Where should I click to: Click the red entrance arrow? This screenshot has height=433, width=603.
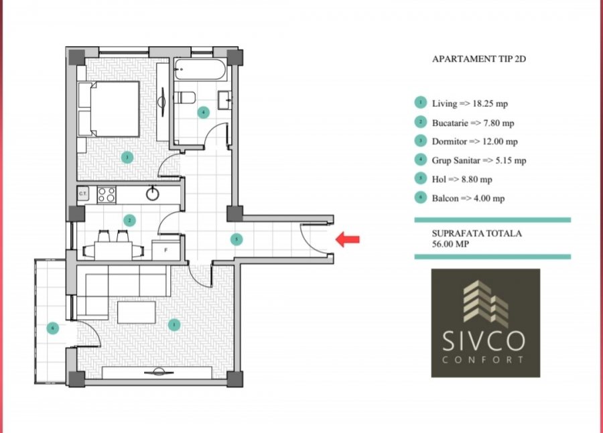coord(348,239)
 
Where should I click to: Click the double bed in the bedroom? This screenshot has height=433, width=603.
coord(109,109)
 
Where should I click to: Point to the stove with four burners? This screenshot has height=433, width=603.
coord(107,194)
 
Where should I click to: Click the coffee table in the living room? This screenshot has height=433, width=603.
coord(137,312)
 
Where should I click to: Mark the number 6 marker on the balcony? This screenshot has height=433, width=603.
coord(52,328)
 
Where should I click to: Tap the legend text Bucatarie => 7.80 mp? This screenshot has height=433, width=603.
coord(473,123)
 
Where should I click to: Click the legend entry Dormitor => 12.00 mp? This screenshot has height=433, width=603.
coord(474,141)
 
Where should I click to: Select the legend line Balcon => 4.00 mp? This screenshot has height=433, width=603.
coord(468,198)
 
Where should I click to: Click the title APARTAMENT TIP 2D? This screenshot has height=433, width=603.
coord(479,59)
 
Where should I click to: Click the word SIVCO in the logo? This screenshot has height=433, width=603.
coord(484,343)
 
